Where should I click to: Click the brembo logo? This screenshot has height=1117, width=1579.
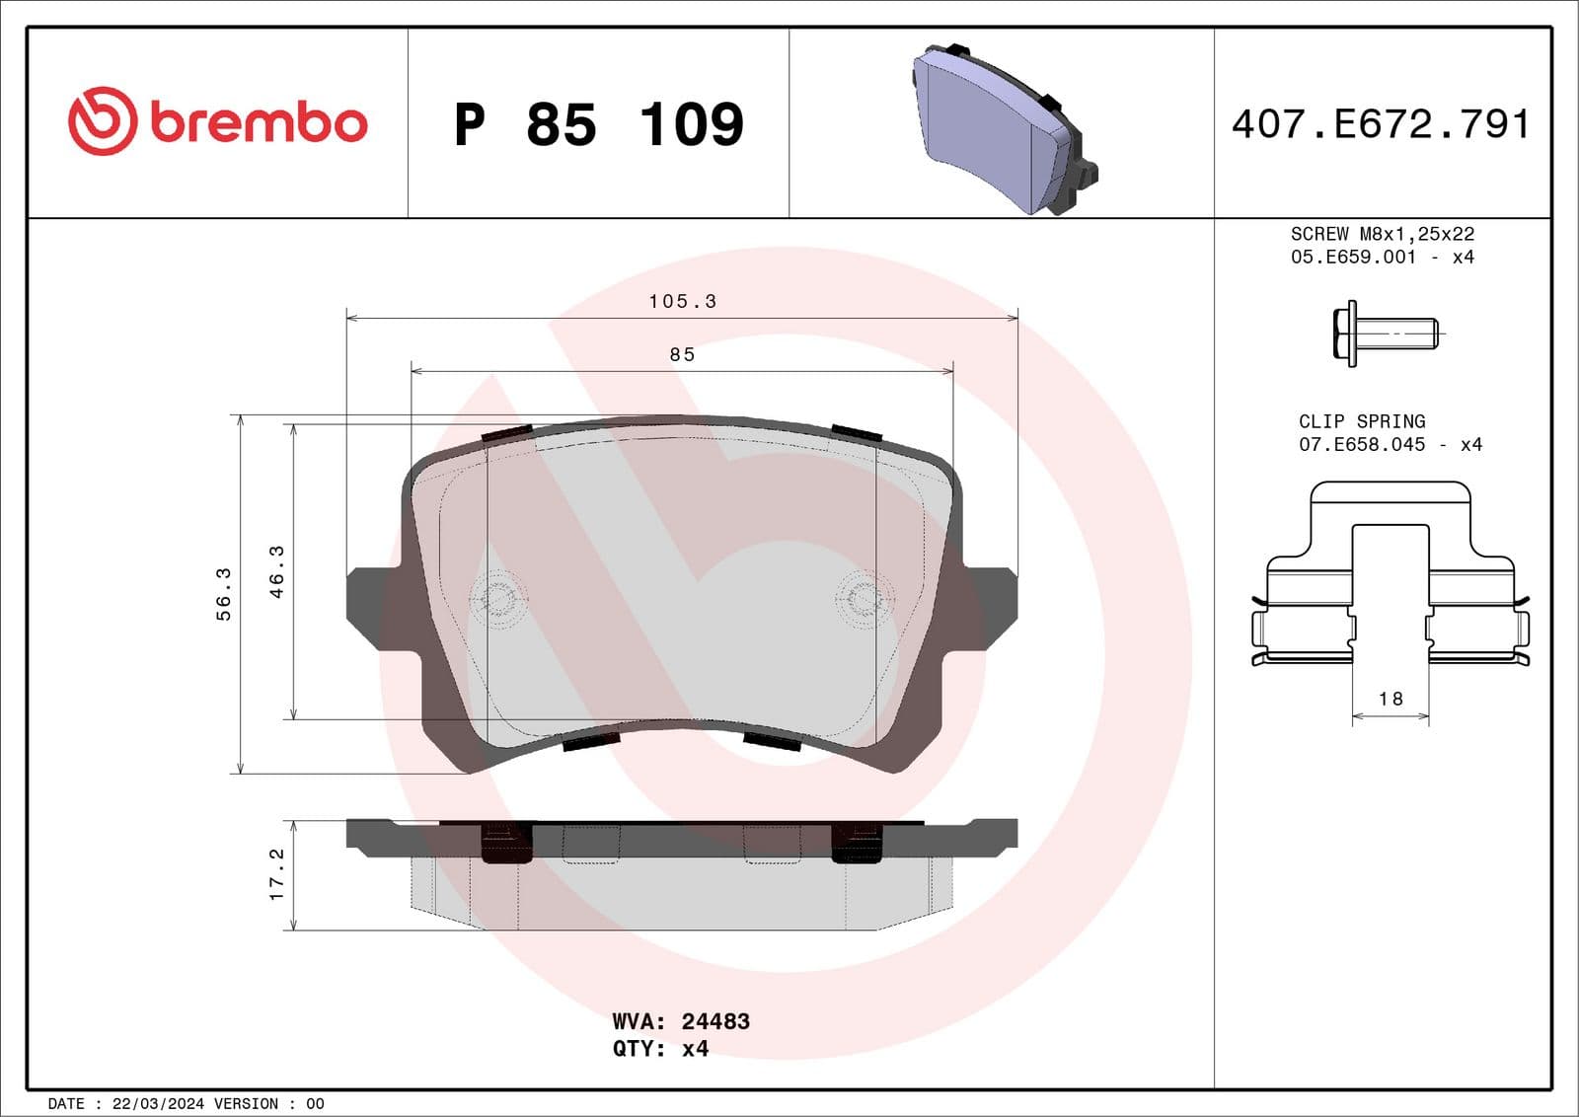[x=217, y=121]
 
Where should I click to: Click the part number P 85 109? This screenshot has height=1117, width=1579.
[x=598, y=125]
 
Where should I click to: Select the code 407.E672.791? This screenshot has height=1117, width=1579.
[x=1381, y=124]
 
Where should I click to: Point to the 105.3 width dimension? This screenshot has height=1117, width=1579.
[x=682, y=301]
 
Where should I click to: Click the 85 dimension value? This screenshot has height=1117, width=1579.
[x=682, y=354]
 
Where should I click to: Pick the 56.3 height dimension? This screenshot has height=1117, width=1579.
[x=224, y=593]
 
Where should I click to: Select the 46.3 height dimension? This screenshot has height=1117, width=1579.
[x=277, y=571]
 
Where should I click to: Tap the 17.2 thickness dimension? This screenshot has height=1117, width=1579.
[x=277, y=874]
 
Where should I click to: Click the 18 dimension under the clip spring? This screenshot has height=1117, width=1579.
[x=1391, y=699]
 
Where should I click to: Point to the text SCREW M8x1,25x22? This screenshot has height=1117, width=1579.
[x=1382, y=234]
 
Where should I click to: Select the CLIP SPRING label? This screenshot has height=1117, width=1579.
[x=1361, y=421]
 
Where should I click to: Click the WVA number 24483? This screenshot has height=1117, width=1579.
[x=715, y=1021]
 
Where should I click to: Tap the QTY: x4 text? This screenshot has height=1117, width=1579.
[x=660, y=1049]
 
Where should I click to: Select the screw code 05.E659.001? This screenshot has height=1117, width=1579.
[x=1352, y=257]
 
